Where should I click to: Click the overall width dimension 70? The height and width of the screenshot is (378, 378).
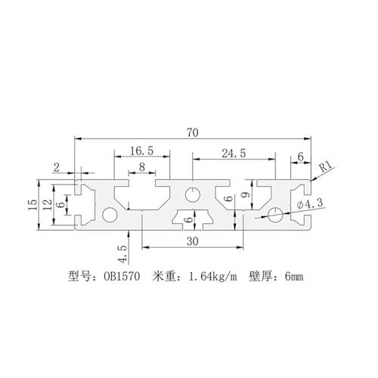pyautogui.click(x=193, y=133)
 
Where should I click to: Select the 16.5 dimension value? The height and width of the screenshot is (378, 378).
pyautogui.click(x=141, y=151)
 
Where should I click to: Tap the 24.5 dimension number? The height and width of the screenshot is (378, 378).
pyautogui.click(x=234, y=153)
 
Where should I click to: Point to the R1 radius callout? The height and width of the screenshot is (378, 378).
pyautogui.click(x=327, y=166)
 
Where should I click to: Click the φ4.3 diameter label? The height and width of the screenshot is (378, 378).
pyautogui.click(x=310, y=204)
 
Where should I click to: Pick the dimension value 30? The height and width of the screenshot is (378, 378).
pyautogui.click(x=193, y=242)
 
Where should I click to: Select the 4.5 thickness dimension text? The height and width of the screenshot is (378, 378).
pyautogui.click(x=122, y=254)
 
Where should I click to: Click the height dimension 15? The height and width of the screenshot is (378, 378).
pyautogui.click(x=33, y=205)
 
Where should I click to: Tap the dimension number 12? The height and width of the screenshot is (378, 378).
pyautogui.click(x=48, y=205)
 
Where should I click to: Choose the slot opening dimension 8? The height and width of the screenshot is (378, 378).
pyautogui.click(x=142, y=167)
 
